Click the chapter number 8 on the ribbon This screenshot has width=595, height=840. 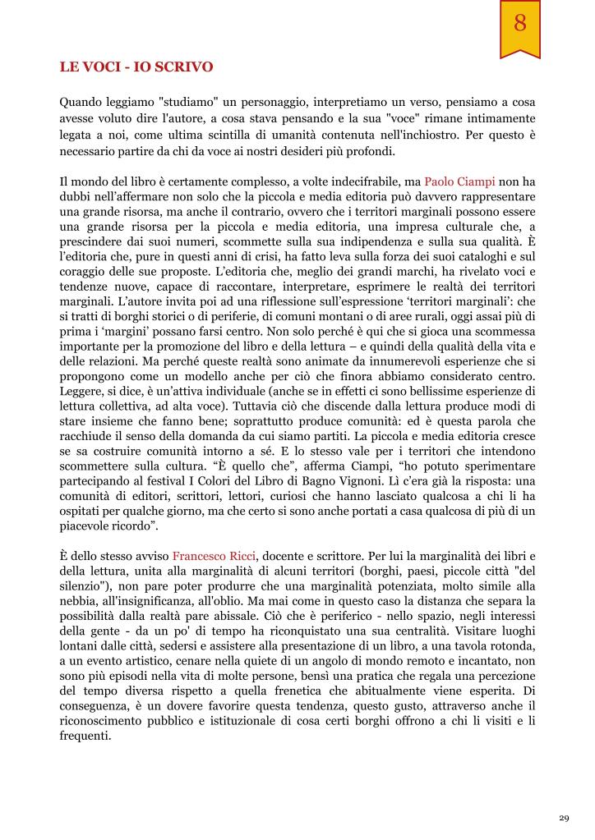[519, 24]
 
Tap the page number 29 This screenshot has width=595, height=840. [563, 818]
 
